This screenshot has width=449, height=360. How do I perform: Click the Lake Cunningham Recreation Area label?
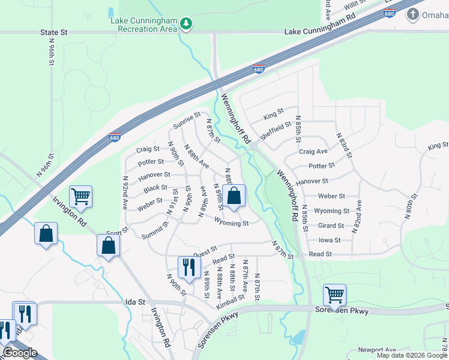point(143,24)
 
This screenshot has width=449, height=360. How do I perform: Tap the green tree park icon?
point(187,24)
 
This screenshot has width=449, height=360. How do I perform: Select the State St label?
point(55,32)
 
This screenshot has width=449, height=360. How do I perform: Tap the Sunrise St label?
point(187,120)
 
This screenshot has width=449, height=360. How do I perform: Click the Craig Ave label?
point(313,152)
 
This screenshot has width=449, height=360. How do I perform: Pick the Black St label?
point(155,188)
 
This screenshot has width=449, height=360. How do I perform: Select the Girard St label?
point(331,226)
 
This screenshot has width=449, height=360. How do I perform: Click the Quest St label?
point(205,249)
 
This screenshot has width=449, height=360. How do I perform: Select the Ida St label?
point(135,303)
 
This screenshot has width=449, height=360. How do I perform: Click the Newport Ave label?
point(377,350)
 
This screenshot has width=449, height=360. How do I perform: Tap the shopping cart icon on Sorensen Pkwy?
point(334,294)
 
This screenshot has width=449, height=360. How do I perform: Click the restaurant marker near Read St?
point(188,267)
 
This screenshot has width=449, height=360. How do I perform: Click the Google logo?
point(20,353)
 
